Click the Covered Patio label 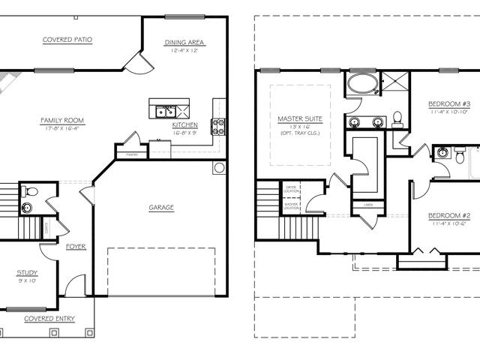pos(67,39)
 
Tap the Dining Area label pos(184,42)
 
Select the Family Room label pos(63,120)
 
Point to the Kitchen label pos(184,124)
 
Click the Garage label pos(160,208)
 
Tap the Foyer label pos(76,246)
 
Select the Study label pos(27,273)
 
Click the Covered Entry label pos(49,318)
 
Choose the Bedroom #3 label pos(449,103)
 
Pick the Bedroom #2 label pos(449,215)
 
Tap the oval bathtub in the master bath pos(361,84)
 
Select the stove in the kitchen pos(218,126)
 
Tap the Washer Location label pos(291,204)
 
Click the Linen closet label pos(368,204)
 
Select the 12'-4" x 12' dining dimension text pos(184,51)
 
